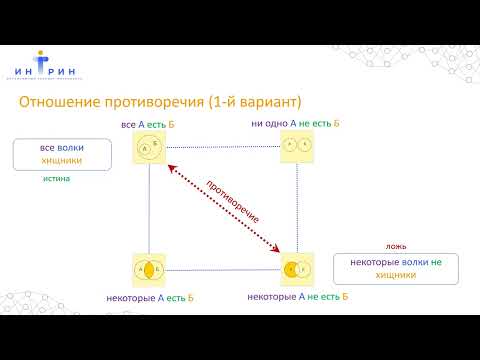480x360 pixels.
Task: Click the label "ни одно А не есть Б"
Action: click(296, 124)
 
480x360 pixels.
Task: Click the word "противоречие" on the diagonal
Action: click(233, 201)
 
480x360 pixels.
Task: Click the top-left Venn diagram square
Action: click(148, 147)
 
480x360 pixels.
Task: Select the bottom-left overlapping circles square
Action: click(148, 269)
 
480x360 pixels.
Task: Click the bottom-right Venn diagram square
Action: click(297, 269)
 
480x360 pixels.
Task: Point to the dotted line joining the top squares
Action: click(222, 147)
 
